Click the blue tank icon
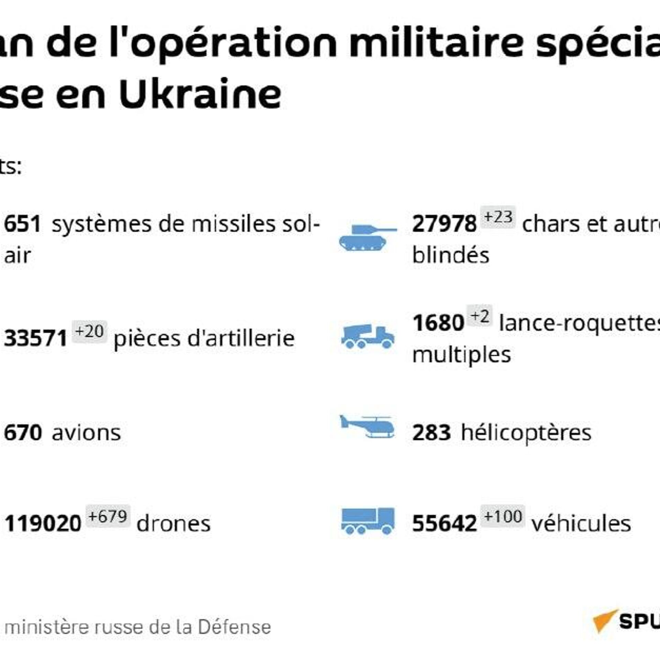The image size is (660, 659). (x=367, y=237)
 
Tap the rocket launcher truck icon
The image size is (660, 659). (x=367, y=337)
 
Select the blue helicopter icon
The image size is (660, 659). (x=367, y=427)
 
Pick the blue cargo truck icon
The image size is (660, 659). (x=367, y=521)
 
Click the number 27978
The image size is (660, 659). (x=444, y=224)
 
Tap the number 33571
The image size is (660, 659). (x=35, y=338)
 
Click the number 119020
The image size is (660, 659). (x=43, y=523)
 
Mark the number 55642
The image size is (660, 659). (x=444, y=523)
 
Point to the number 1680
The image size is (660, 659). (x=438, y=323)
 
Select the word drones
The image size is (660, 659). (x=174, y=523)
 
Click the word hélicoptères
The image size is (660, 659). (x=526, y=433)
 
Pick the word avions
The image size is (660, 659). (x=86, y=433)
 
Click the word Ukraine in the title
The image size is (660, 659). (x=200, y=94)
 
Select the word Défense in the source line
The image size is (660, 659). (x=234, y=627)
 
